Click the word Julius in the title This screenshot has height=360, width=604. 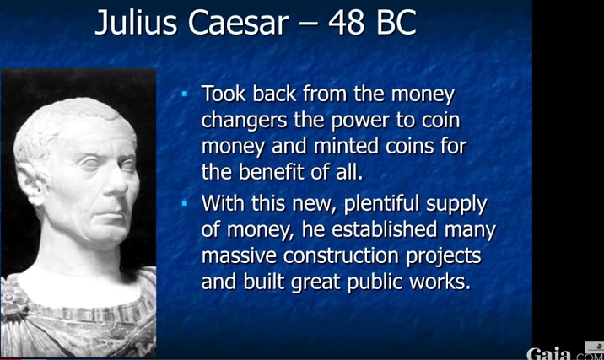click(x=134, y=23)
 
